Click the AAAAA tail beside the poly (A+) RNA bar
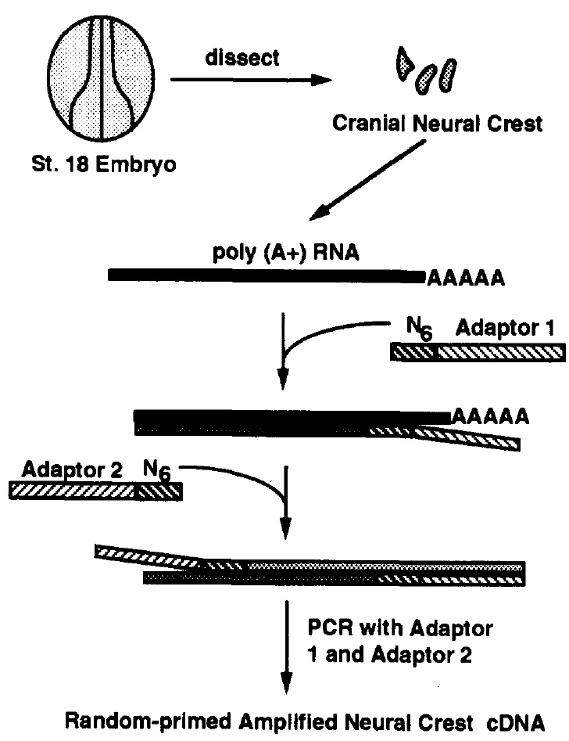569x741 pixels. coord(463,277)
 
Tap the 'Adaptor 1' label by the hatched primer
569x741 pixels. coord(510,328)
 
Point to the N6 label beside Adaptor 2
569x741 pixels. coord(157,472)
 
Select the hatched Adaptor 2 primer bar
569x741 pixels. coord(95,491)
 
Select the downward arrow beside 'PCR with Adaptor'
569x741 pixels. coord(288,642)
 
